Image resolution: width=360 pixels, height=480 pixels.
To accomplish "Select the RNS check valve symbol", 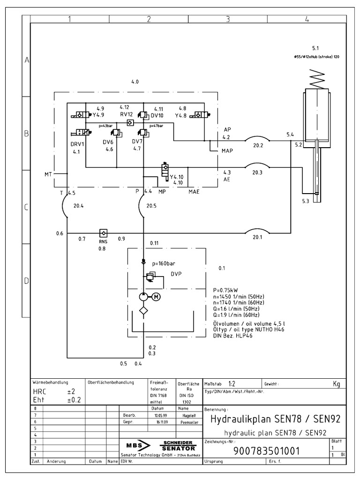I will [x=103, y=232].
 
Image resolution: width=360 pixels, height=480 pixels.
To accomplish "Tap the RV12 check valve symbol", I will [x=130, y=122].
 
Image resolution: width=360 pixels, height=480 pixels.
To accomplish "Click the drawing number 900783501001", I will [x=266, y=450].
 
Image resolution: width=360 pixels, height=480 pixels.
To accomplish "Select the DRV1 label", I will [x=77, y=144].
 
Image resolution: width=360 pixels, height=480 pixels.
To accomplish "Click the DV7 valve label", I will [x=137, y=142].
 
